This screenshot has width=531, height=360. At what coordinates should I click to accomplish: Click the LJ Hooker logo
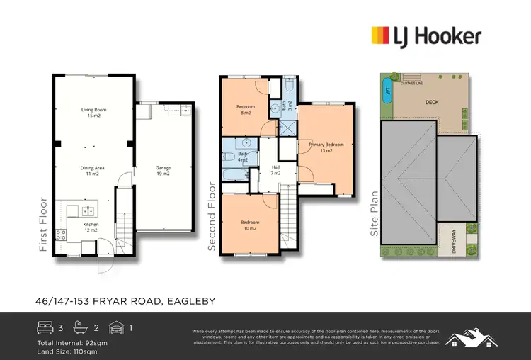point(426,35)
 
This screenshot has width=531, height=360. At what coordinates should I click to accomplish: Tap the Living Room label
point(93,113)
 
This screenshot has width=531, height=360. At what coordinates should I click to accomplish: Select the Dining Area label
point(93,171)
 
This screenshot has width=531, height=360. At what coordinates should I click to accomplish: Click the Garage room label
point(163,171)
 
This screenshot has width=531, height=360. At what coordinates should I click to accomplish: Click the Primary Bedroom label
point(326,147)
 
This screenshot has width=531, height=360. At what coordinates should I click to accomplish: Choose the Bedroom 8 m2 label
point(246,110)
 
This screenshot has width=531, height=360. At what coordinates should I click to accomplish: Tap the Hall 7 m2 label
point(276,170)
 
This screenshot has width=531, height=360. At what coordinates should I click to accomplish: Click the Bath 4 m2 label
point(242,157)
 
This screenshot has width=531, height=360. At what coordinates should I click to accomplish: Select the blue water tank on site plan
point(387,91)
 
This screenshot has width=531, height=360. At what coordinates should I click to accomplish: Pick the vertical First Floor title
point(44,225)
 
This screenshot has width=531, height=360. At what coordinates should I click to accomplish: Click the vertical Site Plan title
point(375,213)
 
